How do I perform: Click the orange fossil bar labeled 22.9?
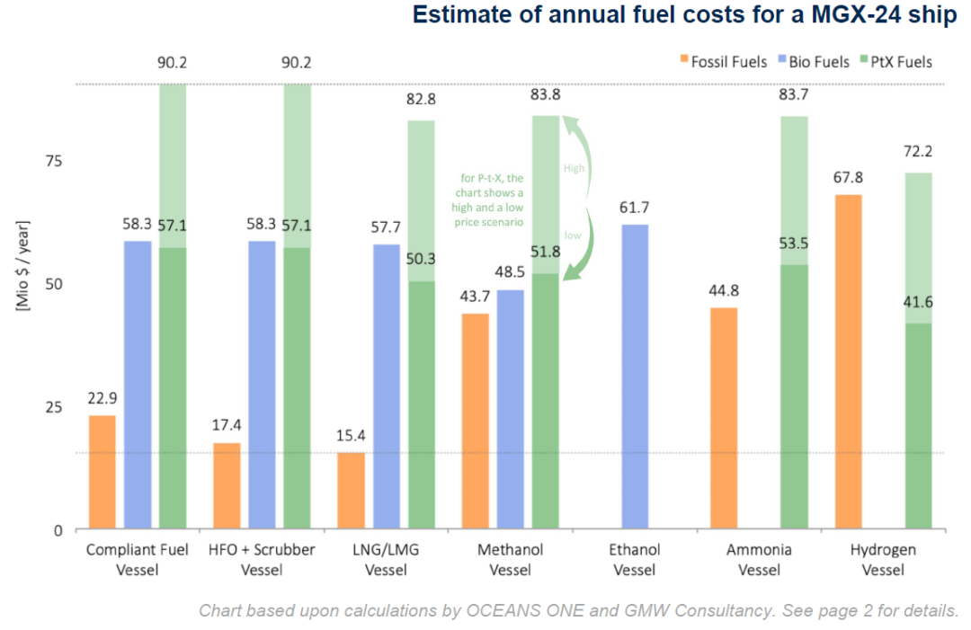[x=102, y=472]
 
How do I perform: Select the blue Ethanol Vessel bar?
[x=635, y=377]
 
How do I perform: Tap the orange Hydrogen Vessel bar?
[x=848, y=361]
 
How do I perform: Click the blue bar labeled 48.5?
[x=510, y=409]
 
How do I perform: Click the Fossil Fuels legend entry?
[x=723, y=62]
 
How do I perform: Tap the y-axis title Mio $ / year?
[x=22, y=265]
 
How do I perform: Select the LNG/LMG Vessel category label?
[x=386, y=559]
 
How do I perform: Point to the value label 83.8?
[x=545, y=97]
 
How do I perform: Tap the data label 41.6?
[x=918, y=303]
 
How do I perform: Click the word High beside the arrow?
[x=575, y=168]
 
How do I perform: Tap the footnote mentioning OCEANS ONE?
[x=578, y=611]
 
